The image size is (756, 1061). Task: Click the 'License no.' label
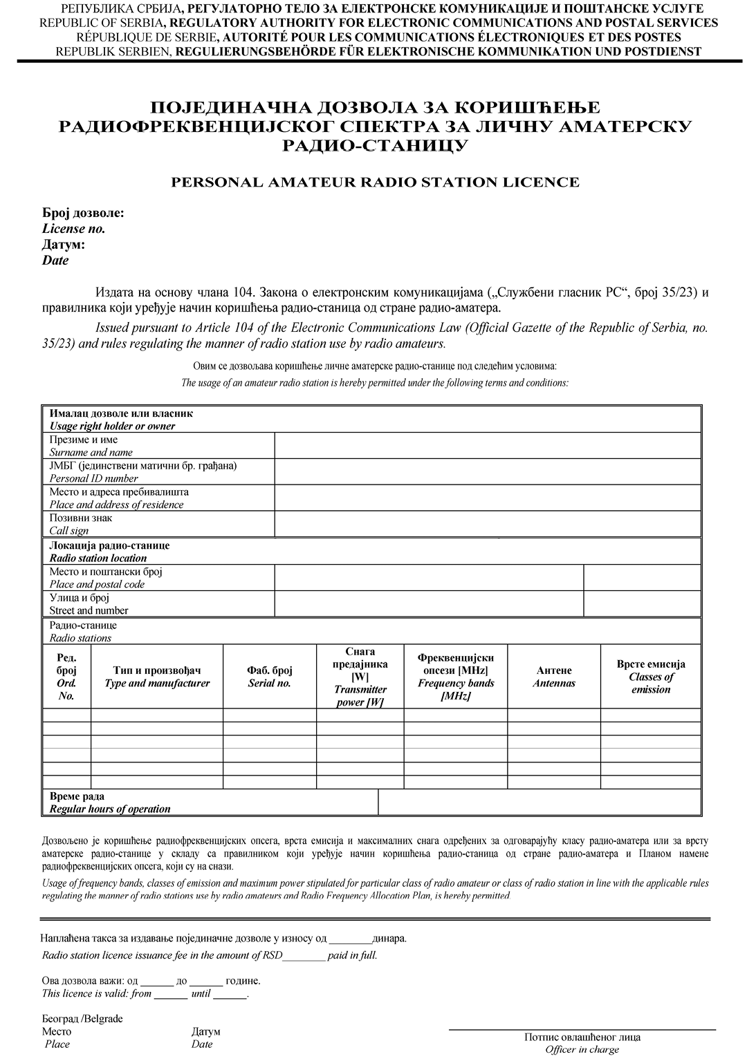(x=73, y=229)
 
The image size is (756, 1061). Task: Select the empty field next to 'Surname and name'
(x=488, y=446)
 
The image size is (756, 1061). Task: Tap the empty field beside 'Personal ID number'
(x=488, y=471)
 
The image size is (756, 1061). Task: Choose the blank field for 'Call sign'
(x=488, y=524)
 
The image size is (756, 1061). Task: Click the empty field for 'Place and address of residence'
(x=488, y=498)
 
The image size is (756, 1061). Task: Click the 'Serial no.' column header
(x=269, y=677)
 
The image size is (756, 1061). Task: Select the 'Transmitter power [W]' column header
(x=360, y=677)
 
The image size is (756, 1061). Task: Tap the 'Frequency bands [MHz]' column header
(x=456, y=677)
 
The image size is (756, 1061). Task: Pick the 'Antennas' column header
(x=553, y=677)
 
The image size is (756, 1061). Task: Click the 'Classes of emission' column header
(x=650, y=677)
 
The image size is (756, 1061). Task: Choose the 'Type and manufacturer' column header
(x=157, y=677)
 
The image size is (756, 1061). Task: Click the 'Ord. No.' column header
(x=66, y=677)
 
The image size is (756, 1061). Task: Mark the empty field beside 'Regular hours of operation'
(x=540, y=802)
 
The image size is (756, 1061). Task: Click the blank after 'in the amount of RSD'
(x=304, y=956)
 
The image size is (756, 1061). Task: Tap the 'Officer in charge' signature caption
(x=582, y=1049)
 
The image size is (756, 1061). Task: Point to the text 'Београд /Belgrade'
(x=82, y=1019)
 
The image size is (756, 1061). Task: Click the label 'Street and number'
(x=89, y=610)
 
